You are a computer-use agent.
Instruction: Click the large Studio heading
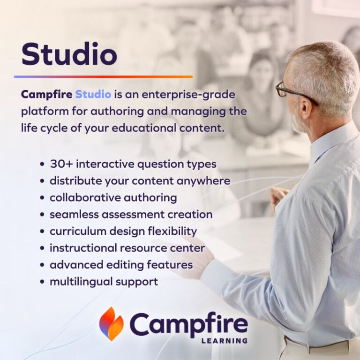point(69,54)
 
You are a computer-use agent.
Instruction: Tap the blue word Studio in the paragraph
point(93,95)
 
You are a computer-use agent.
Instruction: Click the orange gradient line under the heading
point(103,76)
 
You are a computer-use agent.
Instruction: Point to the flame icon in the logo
point(111,323)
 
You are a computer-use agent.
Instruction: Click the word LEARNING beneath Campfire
point(224,340)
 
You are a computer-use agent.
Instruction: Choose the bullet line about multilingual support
point(104,282)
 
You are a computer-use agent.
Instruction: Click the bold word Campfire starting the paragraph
point(46,95)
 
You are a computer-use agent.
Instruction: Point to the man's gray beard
point(299,123)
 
